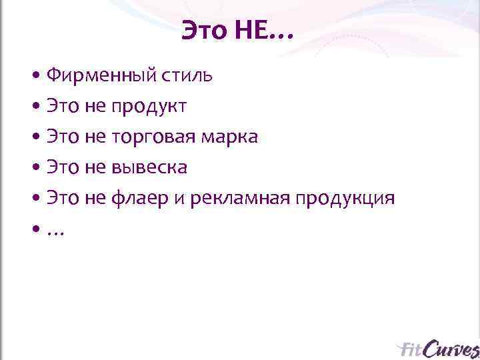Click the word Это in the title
[205, 31]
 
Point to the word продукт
[149, 107]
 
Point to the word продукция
[345, 199]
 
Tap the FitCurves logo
[437, 349]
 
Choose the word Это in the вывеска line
[63, 168]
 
